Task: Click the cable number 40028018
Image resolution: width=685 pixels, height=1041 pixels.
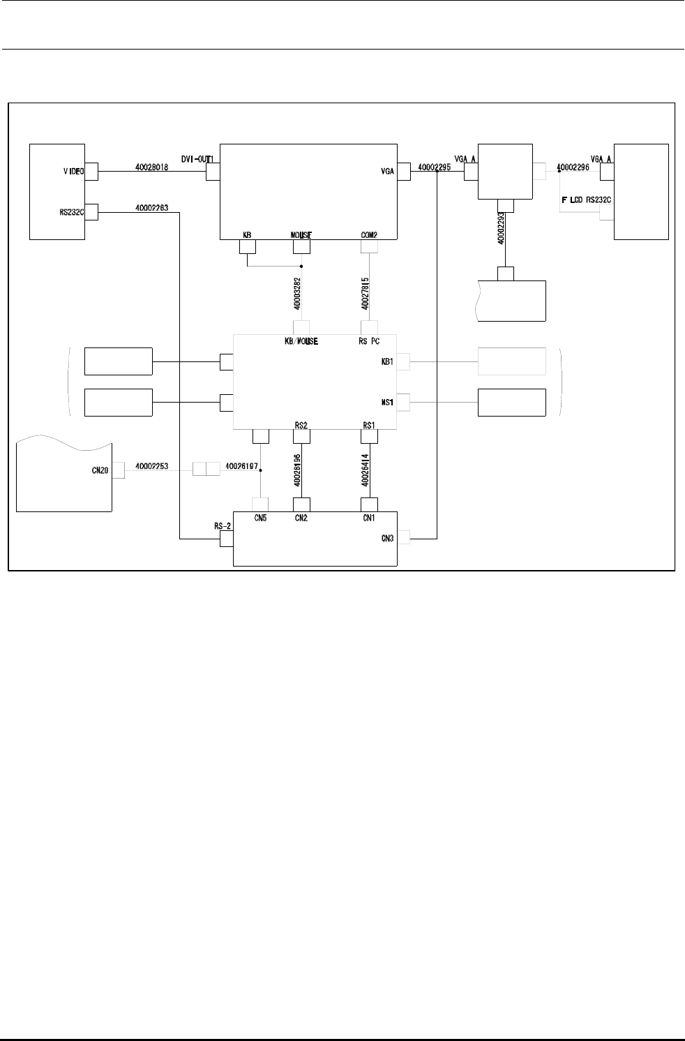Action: click(152, 167)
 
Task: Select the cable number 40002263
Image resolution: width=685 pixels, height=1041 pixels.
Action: click(152, 207)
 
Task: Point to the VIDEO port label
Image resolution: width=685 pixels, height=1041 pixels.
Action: click(72, 171)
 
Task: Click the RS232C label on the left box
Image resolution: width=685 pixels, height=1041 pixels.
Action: click(72, 213)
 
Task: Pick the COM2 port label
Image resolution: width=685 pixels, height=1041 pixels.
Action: click(369, 235)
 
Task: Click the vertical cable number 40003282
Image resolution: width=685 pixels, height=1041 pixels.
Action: click(297, 293)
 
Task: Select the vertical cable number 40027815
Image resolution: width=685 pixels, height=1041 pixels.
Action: click(366, 293)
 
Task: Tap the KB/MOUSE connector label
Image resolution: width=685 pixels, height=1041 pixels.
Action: click(301, 342)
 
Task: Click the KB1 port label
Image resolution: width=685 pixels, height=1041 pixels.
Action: click(388, 362)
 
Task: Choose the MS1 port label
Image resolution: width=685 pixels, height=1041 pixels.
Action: click(388, 403)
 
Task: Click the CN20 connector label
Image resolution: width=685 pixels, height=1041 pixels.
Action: click(100, 470)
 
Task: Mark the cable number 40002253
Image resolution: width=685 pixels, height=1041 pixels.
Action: click(151, 465)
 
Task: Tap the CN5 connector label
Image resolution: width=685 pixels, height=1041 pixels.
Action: click(260, 518)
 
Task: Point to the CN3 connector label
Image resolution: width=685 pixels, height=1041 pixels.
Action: click(388, 538)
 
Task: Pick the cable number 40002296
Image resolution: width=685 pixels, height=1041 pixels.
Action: click(574, 167)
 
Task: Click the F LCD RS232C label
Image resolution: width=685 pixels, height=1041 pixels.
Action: click(586, 200)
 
